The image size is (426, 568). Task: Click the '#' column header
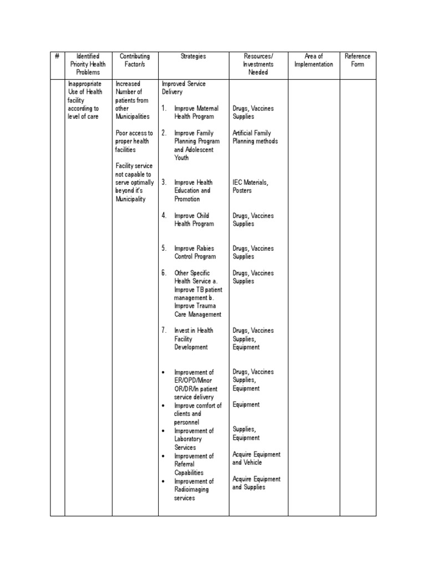(57, 56)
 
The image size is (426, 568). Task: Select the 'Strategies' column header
(193, 56)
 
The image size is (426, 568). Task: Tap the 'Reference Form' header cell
(357, 60)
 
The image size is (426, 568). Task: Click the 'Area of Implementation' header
(313, 60)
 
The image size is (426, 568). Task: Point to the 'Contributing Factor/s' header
(135, 60)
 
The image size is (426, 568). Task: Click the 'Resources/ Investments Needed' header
(258, 64)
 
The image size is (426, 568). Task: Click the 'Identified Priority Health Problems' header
(88, 64)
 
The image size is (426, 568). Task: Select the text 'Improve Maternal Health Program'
(196, 113)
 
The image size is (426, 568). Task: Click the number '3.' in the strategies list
(164, 182)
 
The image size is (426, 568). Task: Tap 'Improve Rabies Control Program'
(195, 252)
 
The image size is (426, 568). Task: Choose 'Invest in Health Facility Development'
(193, 338)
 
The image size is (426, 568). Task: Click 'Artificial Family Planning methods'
(255, 137)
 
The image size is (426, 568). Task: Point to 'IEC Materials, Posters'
(250, 186)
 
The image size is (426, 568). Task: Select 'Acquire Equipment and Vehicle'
(256, 458)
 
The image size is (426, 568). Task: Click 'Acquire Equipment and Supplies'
(256, 483)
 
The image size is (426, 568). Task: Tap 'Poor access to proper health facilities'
(134, 141)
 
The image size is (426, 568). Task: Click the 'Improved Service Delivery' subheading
(183, 88)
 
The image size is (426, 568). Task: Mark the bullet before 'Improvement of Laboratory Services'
(164, 431)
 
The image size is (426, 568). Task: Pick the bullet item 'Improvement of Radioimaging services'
(194, 490)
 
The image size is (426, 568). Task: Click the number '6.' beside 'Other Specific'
(164, 273)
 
